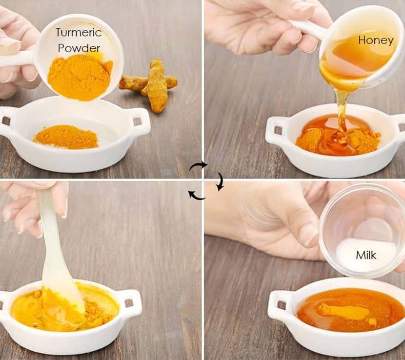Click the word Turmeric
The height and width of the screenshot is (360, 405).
(79, 32)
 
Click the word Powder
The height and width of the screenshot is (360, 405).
(79, 48)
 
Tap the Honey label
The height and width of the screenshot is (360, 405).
(376, 40)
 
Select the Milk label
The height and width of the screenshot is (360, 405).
(366, 255)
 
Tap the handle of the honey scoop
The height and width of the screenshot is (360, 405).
(306, 28)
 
